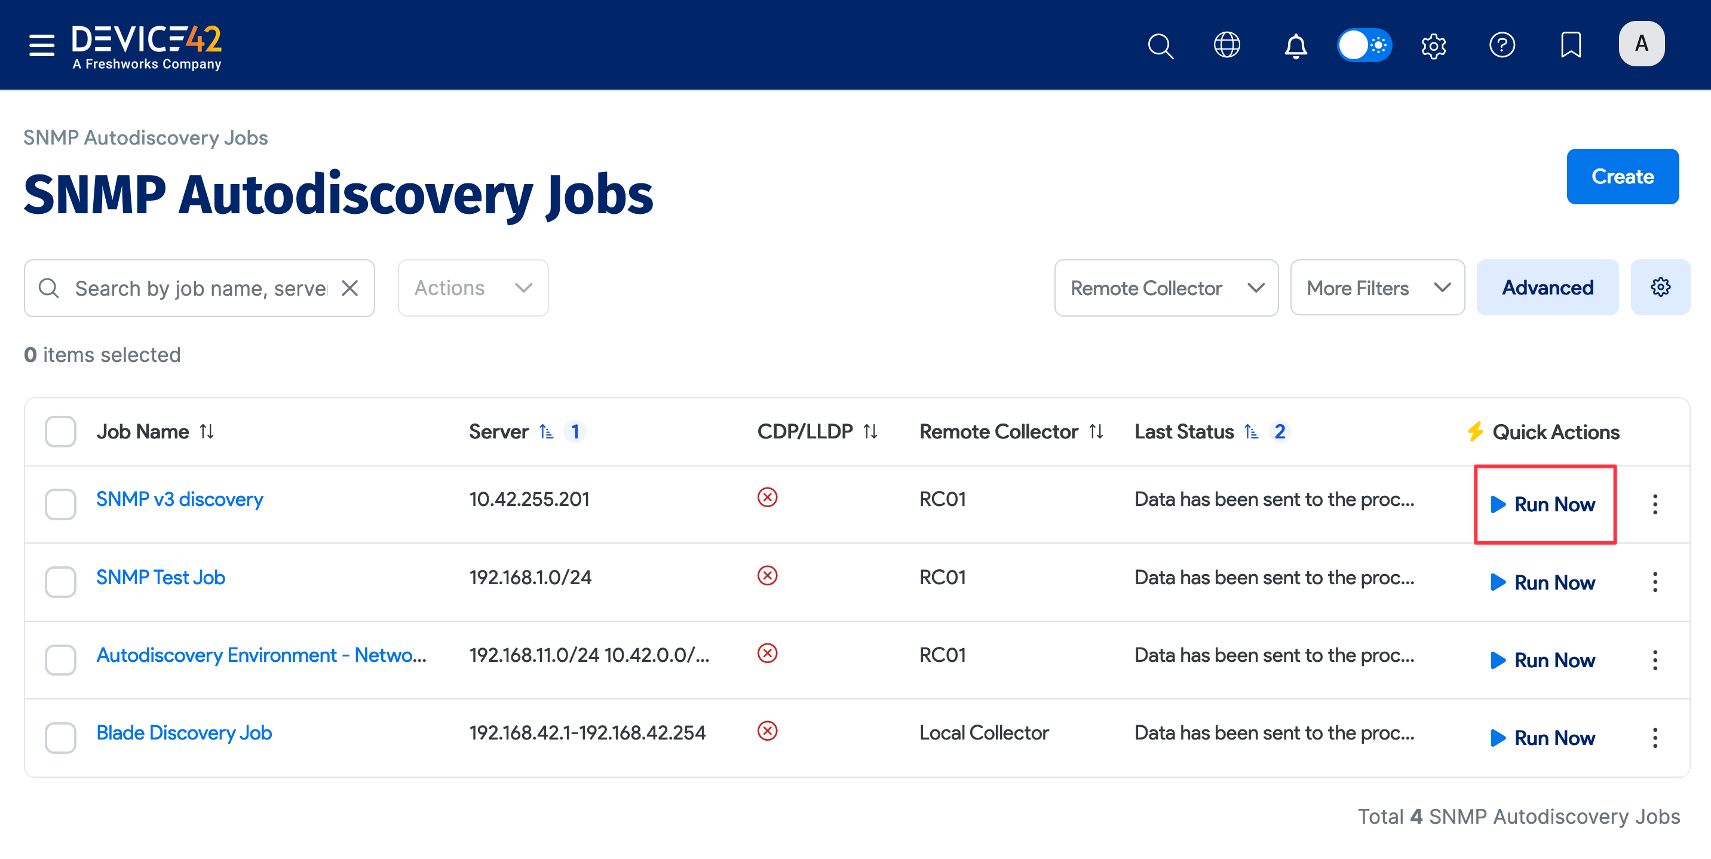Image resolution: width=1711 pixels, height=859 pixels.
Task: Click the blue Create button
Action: point(1621,176)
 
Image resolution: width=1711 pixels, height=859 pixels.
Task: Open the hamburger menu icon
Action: point(42,45)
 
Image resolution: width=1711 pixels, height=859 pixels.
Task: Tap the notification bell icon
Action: point(1295,45)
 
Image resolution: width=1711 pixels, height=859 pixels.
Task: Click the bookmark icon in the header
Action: point(1569,45)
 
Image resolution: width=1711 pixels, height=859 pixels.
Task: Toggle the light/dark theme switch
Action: point(1364,45)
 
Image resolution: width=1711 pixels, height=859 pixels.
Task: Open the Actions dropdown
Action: point(473,288)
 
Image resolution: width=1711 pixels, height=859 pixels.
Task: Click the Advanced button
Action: point(1547,288)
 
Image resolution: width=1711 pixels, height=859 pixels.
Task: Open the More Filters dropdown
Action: point(1377,288)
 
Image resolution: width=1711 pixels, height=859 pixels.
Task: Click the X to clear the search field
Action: point(350,288)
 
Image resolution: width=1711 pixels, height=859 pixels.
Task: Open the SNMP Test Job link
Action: point(161,576)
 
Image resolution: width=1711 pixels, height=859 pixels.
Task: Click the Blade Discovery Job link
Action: point(184,732)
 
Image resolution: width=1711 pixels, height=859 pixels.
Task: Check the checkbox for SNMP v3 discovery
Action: point(60,504)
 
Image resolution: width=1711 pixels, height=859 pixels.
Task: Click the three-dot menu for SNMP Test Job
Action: point(1654,582)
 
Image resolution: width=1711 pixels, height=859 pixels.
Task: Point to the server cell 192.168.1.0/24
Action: point(530,576)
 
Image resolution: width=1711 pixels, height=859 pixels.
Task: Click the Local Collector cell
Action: point(984,732)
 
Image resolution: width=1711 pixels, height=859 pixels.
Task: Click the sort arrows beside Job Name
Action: point(207,431)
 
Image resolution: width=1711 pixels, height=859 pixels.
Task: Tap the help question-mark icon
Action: point(1501,45)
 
